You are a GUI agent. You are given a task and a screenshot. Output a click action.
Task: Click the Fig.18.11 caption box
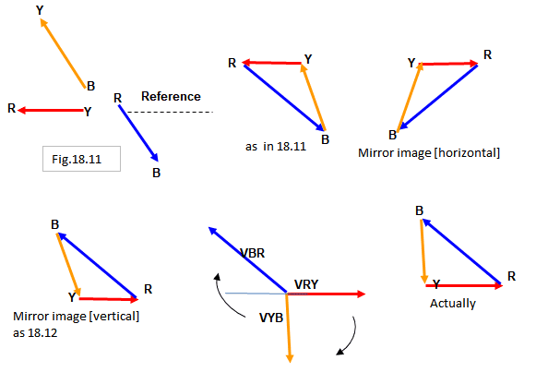(81, 159)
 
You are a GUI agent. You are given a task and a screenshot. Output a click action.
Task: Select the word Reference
(171, 96)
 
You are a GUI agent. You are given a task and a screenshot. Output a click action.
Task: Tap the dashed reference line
(170, 112)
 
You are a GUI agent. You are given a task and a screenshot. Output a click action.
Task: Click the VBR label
(252, 253)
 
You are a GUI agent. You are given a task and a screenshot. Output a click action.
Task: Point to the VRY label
(306, 284)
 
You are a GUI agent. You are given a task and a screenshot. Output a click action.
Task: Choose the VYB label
(271, 318)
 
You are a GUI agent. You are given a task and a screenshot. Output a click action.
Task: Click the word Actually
(453, 304)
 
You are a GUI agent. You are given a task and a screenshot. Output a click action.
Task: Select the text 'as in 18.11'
(276, 147)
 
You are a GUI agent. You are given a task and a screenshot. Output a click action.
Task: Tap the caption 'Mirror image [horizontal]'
(429, 153)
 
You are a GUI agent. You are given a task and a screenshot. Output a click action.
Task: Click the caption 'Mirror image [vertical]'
(76, 317)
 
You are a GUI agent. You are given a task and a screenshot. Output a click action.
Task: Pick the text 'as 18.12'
(35, 332)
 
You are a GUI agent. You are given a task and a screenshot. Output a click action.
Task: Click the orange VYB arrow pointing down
(288, 329)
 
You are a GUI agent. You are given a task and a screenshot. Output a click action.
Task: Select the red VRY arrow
(327, 294)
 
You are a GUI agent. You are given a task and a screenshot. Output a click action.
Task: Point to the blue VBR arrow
(248, 260)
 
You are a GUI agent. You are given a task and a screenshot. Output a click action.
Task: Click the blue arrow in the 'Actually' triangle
(462, 251)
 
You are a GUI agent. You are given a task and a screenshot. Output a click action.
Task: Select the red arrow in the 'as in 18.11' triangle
(272, 63)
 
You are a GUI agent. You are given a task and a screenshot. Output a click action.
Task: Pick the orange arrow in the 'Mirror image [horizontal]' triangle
(411, 97)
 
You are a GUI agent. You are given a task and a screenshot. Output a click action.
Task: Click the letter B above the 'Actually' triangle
(420, 210)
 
